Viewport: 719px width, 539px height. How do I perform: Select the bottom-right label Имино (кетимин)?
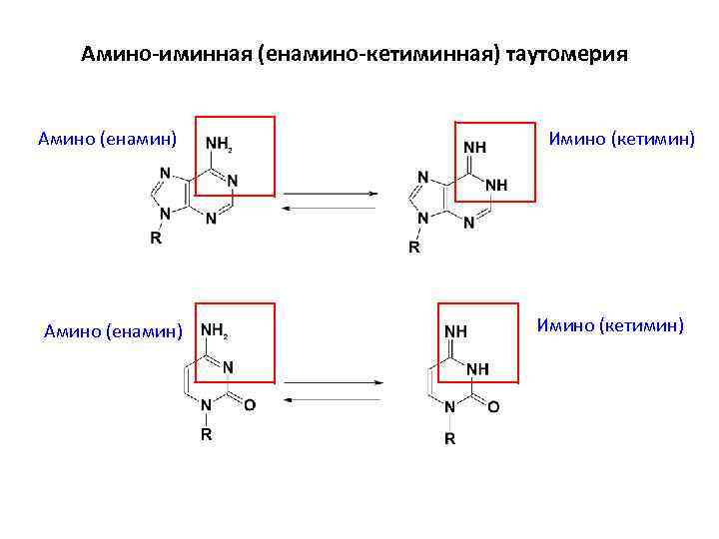(x=610, y=323)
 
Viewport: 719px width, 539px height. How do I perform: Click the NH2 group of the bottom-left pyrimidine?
(x=215, y=330)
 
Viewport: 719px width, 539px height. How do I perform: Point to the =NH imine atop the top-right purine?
(x=475, y=147)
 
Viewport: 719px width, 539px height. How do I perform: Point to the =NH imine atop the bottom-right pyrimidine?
(x=455, y=330)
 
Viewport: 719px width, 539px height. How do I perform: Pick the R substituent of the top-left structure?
(x=155, y=238)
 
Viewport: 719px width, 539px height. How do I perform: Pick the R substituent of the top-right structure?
(x=413, y=247)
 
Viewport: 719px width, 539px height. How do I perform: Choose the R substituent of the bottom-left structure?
(x=206, y=435)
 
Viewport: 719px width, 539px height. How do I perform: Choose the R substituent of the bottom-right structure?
(x=449, y=439)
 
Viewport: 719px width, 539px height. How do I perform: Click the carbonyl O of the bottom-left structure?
(x=249, y=404)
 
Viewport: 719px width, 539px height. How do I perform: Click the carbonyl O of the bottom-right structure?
(x=493, y=407)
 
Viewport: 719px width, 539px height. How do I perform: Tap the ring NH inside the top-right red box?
(x=495, y=186)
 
